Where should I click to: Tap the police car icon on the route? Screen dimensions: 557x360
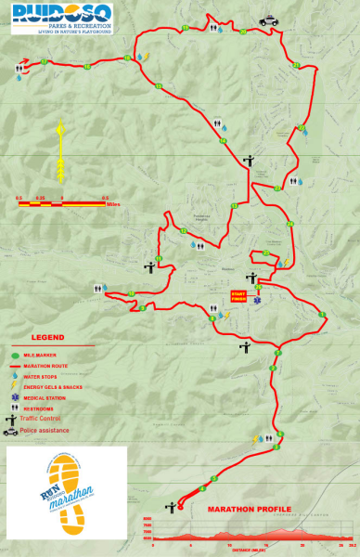click(x=268, y=19)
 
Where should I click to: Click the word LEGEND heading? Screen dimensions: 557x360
click(x=48, y=338)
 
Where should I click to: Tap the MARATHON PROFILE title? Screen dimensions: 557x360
click(x=249, y=509)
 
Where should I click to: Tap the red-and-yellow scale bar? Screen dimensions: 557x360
click(x=61, y=201)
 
